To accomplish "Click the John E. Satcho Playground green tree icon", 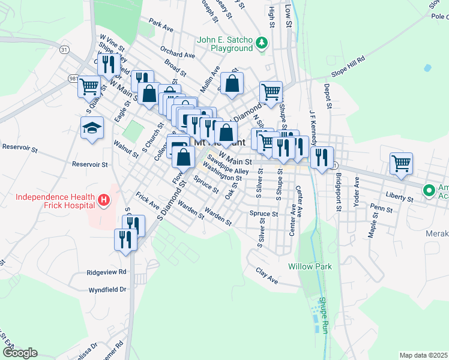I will point(261,43).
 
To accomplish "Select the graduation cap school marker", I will point(92,128).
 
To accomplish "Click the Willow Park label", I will point(309,266).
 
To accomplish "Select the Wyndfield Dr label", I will point(107,289).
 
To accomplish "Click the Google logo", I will point(19,353).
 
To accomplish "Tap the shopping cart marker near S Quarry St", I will point(89,87).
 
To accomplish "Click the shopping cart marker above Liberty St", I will point(401,162).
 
